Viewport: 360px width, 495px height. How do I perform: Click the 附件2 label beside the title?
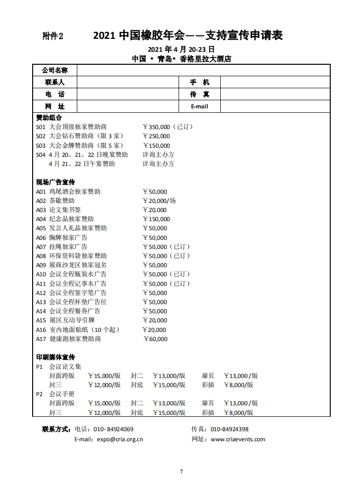(x=53, y=36)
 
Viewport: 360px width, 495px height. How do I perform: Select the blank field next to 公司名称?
(x=204, y=71)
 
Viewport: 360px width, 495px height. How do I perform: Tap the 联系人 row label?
(x=55, y=82)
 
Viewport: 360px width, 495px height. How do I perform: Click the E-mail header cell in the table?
(x=199, y=106)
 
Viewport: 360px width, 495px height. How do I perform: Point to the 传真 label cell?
(x=199, y=94)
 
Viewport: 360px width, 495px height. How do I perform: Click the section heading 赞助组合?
(x=49, y=118)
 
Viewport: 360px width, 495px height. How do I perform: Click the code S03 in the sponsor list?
(x=41, y=145)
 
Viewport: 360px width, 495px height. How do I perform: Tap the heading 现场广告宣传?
(x=56, y=182)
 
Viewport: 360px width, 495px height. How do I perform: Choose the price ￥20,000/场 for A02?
(x=159, y=200)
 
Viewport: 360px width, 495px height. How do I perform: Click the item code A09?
(x=41, y=265)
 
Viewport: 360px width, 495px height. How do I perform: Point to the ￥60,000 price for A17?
(x=156, y=339)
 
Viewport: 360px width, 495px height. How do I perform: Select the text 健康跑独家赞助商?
(x=75, y=339)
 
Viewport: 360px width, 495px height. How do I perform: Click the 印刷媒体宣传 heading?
(x=56, y=357)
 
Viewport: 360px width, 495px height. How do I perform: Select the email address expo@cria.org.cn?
(x=120, y=439)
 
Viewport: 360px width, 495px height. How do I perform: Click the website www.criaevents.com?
(x=238, y=439)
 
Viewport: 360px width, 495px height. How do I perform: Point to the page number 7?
(x=181, y=472)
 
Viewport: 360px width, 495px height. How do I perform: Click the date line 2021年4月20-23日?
(x=181, y=49)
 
